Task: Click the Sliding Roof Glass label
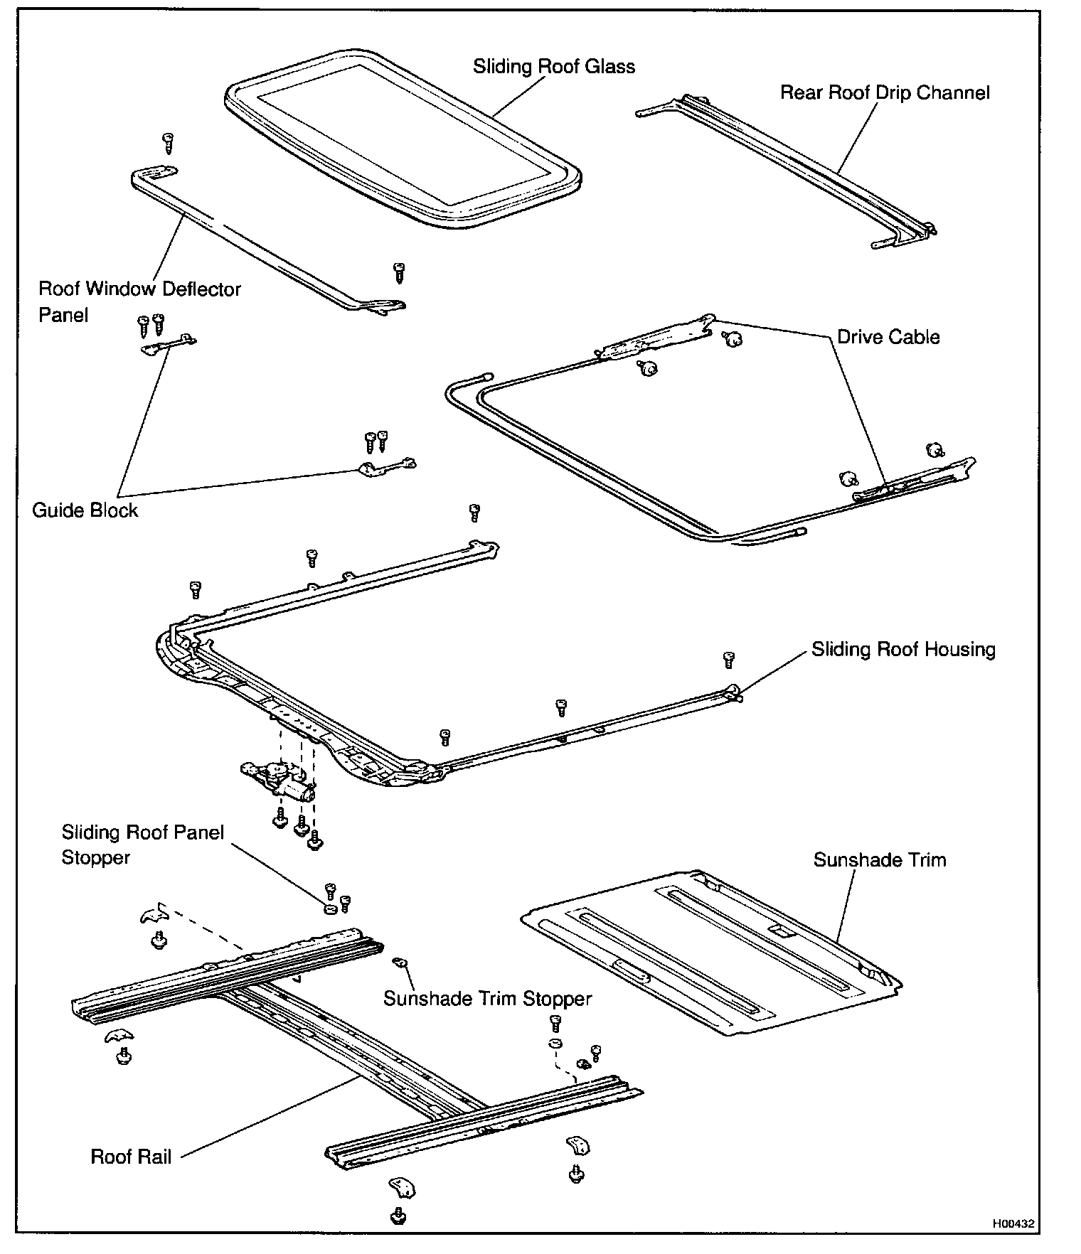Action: [x=553, y=67]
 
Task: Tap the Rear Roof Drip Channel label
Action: [x=884, y=93]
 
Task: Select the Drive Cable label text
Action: [x=888, y=337]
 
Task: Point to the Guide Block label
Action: [x=85, y=510]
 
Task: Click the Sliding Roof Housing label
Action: [x=903, y=650]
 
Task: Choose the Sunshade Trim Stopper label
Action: [x=487, y=999]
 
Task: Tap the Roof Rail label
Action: [x=131, y=1157]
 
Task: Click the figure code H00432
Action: [x=1013, y=1223]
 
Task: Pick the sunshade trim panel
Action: [x=711, y=953]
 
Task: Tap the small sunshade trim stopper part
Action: [x=400, y=963]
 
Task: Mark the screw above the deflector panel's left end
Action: [x=169, y=143]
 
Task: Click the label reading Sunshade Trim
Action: [x=880, y=860]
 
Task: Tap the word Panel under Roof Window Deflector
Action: [x=63, y=315]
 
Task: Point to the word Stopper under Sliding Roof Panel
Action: [x=95, y=857]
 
